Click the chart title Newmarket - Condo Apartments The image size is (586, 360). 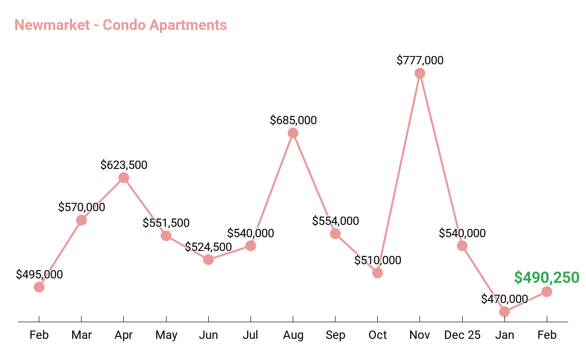121,25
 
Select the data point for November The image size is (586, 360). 419,73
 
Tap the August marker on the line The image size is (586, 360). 293,133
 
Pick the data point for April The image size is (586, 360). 124,178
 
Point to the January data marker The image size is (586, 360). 504,311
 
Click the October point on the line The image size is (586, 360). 377,273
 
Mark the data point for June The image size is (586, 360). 208,259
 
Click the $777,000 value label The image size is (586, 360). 419,60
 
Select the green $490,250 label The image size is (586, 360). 547,277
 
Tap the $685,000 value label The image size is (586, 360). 293,120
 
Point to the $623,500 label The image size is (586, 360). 124,165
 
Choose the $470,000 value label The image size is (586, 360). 504,299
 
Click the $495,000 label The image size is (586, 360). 39,275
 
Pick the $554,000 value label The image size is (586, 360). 335,221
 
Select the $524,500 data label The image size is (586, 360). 208,247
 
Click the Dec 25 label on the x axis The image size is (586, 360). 462,335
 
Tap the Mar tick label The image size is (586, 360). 82,335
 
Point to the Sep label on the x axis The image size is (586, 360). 335,335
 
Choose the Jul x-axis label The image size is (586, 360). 251,335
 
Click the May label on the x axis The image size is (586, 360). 166,335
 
